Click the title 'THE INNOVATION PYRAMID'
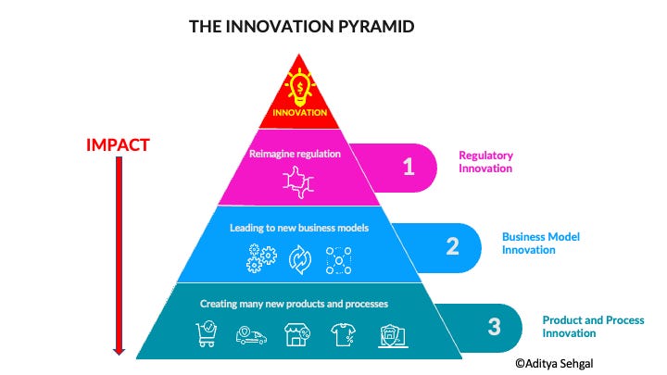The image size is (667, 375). click(301, 27)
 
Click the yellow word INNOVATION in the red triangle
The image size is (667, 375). click(299, 113)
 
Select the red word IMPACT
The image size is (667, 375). click(118, 144)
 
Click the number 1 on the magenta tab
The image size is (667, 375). click(407, 167)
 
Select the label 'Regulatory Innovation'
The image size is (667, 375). click(485, 162)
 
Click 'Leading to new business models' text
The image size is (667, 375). click(298, 226)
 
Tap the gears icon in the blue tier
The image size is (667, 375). click(260, 258)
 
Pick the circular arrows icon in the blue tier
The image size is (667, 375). click(300, 259)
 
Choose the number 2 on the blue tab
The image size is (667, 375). click(452, 246)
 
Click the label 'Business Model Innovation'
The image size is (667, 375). click(542, 243)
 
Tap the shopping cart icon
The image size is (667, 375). click(208, 333)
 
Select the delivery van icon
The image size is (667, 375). click(251, 335)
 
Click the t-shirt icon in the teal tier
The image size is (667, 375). click(342, 334)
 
